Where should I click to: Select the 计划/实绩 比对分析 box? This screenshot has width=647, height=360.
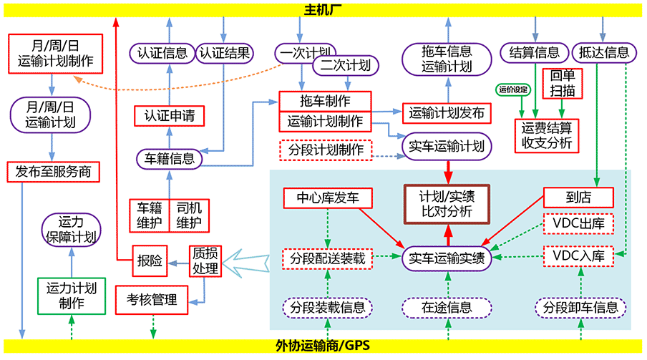[x=447, y=203]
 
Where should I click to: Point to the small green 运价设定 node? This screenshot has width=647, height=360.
[x=512, y=90]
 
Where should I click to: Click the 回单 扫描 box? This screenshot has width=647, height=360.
[x=563, y=84]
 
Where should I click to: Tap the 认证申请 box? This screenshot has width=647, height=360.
[x=170, y=115]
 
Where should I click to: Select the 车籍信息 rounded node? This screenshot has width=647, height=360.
[x=170, y=158]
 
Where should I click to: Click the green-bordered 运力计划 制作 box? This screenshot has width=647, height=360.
[x=71, y=296]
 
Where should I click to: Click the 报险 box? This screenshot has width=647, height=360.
[x=149, y=262]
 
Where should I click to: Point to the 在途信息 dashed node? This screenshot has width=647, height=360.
[x=447, y=308]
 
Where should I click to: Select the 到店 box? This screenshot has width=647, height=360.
[x=578, y=198]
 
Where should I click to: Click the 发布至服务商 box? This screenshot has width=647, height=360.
[x=54, y=172]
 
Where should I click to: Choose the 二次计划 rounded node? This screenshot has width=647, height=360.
[x=345, y=65]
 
